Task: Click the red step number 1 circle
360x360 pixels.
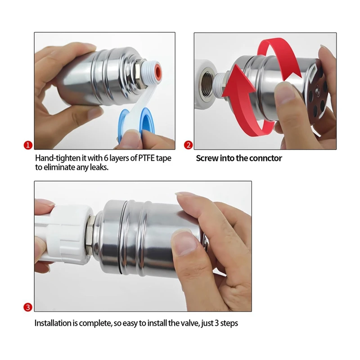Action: tap(28, 145)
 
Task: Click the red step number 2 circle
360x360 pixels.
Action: tap(189, 145)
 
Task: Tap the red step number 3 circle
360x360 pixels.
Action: tap(28, 308)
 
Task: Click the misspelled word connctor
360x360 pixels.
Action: tap(266, 158)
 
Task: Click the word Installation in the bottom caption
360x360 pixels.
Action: tap(53, 323)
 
